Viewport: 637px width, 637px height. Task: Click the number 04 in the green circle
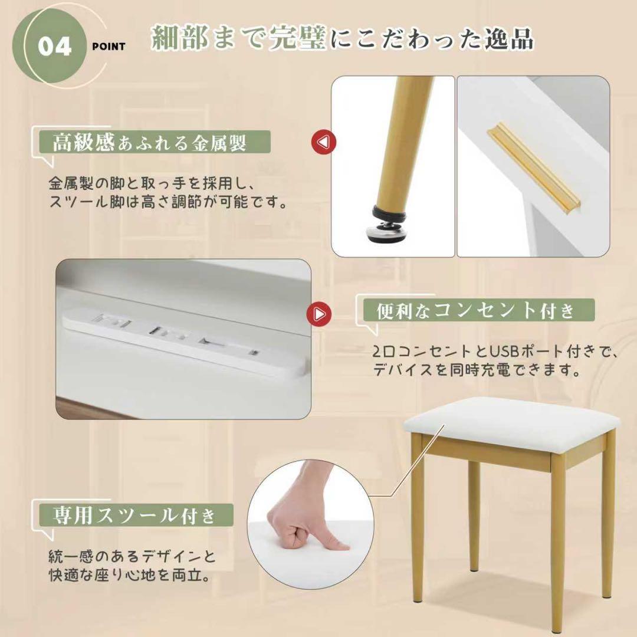pyautogui.click(x=55, y=47)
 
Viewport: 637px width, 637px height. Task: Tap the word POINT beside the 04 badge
pyautogui.click(x=109, y=47)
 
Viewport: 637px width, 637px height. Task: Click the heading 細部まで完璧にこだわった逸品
pyautogui.click(x=342, y=38)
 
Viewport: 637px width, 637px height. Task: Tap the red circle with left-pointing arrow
pyautogui.click(x=324, y=142)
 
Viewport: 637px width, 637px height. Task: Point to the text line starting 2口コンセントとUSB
pyautogui.click(x=494, y=352)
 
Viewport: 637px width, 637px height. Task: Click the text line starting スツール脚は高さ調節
pyautogui.click(x=168, y=202)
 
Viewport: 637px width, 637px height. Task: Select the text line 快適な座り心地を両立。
pyautogui.click(x=129, y=575)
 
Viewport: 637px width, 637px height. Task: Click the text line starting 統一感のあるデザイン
pyautogui.click(x=132, y=556)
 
